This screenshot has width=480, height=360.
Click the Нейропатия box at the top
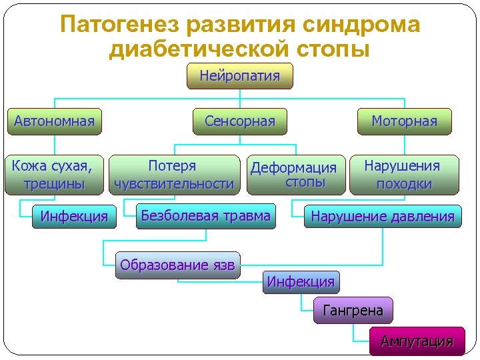pos(240,76)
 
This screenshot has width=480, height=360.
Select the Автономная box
pos(54,121)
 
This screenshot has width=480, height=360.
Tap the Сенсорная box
pos(240,121)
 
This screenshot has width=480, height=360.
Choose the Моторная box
pos(404,121)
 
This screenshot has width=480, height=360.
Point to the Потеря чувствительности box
pos(174,175)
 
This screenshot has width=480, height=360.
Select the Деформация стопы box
pos(296,175)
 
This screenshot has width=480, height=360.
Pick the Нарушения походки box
pos(402,175)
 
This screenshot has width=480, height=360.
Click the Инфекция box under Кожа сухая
pos(73,217)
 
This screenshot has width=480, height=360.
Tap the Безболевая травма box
pos(205,216)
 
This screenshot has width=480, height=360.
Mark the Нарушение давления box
pos(382,217)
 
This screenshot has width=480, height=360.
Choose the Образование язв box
pos(177,265)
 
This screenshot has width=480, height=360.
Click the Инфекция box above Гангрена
pos(301,281)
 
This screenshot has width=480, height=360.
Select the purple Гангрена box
pos(353,311)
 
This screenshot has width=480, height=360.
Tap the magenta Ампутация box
pos(417,341)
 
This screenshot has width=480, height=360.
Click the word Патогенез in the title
pos(119,25)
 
